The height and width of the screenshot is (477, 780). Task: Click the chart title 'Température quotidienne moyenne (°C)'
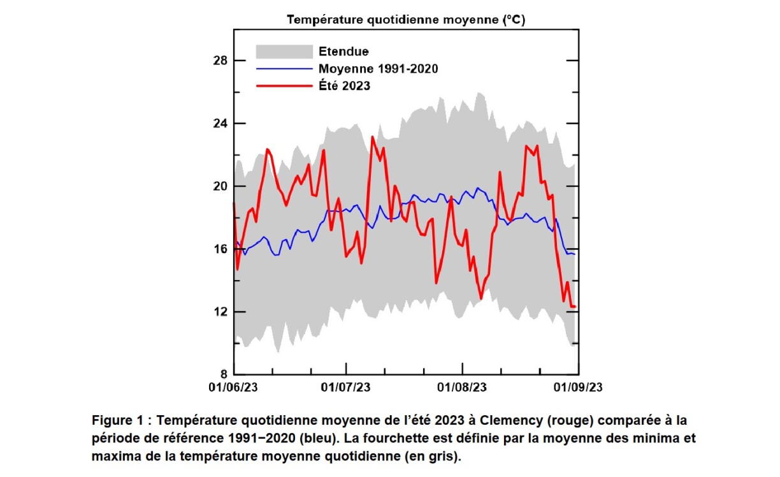(405, 20)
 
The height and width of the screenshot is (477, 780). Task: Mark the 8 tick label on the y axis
(224, 374)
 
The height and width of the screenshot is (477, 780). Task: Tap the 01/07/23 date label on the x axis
(345, 388)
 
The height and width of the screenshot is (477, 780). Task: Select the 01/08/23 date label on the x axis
(462, 388)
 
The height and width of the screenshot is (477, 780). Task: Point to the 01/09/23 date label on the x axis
(578, 388)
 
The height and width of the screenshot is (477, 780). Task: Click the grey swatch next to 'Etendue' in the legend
(284, 52)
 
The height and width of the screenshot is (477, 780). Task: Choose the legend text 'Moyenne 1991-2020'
(378, 68)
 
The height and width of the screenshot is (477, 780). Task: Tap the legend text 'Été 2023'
(344, 85)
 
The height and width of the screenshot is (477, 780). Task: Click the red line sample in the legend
(284, 85)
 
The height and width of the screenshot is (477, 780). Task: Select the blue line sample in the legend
(284, 68)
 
